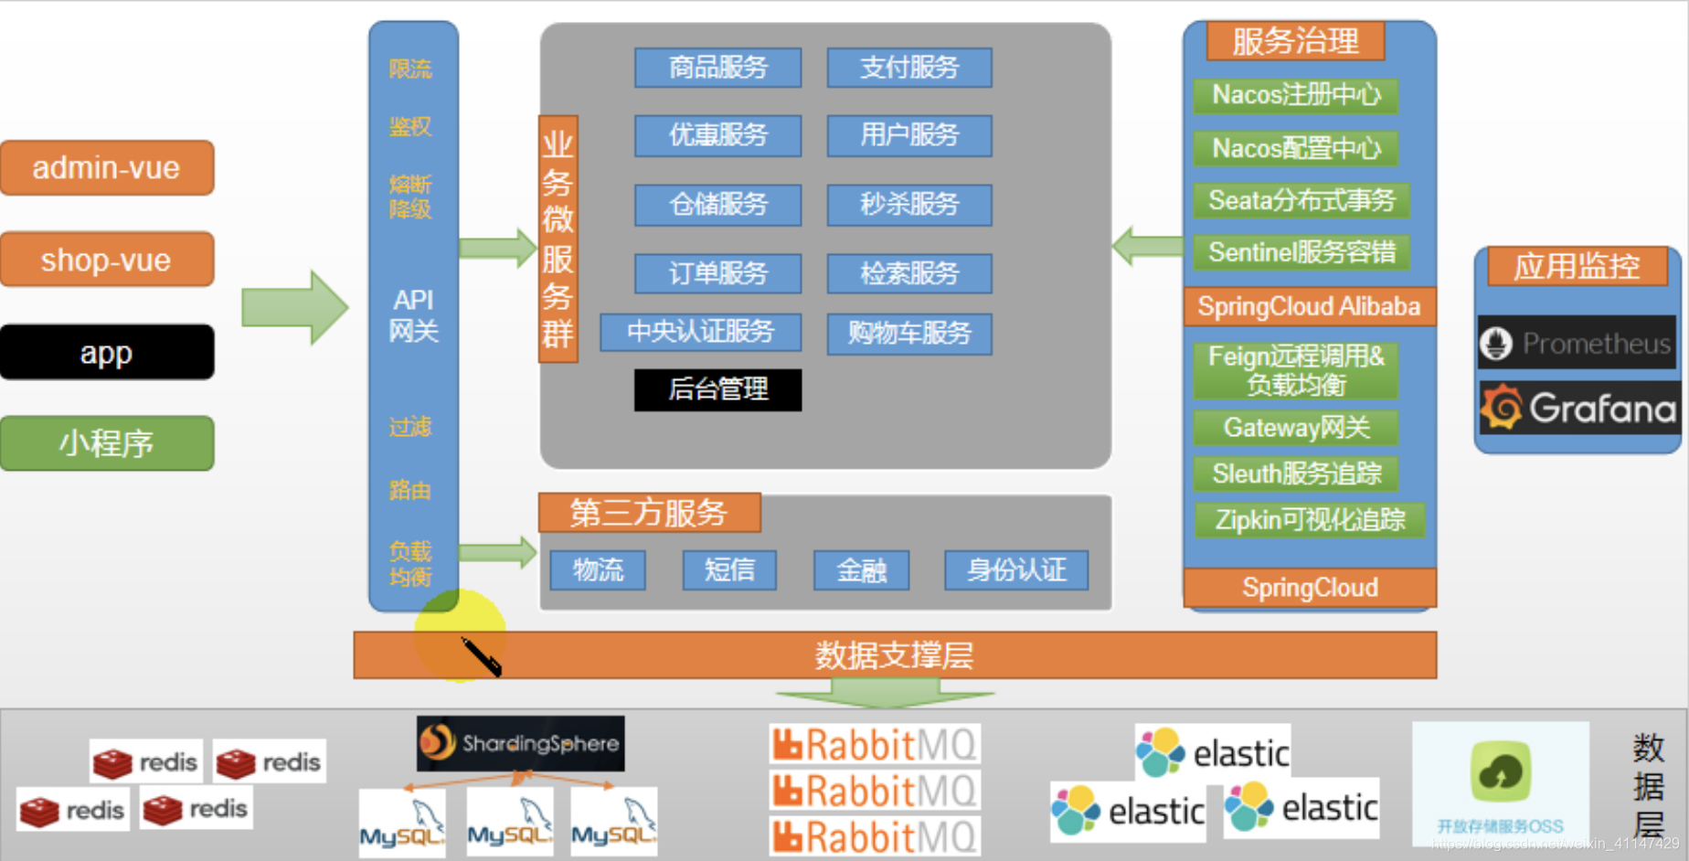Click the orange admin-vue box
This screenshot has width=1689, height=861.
tap(107, 168)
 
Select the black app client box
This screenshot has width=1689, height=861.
tap(107, 353)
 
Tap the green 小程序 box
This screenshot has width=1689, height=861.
tap(107, 443)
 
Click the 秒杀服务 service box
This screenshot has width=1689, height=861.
tap(909, 205)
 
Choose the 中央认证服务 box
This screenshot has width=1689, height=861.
tap(700, 332)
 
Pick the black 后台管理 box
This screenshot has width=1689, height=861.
tap(717, 389)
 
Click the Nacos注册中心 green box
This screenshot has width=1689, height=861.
tap(1296, 95)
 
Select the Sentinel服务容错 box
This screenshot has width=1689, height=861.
tap(1301, 252)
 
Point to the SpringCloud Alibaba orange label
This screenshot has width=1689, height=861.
tap(1309, 306)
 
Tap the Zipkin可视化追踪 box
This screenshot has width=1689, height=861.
tap(1310, 520)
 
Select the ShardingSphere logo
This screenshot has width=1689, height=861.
tap(520, 743)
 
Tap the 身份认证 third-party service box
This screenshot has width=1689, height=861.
tap(1016, 570)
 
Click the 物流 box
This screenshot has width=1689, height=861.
tap(598, 570)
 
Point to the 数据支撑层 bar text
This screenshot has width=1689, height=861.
tap(894, 655)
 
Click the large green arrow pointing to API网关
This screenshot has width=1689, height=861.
tap(294, 307)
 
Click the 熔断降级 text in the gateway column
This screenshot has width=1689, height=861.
tap(410, 197)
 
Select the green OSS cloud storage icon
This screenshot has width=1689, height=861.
tap(1501, 771)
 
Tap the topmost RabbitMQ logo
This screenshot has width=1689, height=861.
tap(875, 745)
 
